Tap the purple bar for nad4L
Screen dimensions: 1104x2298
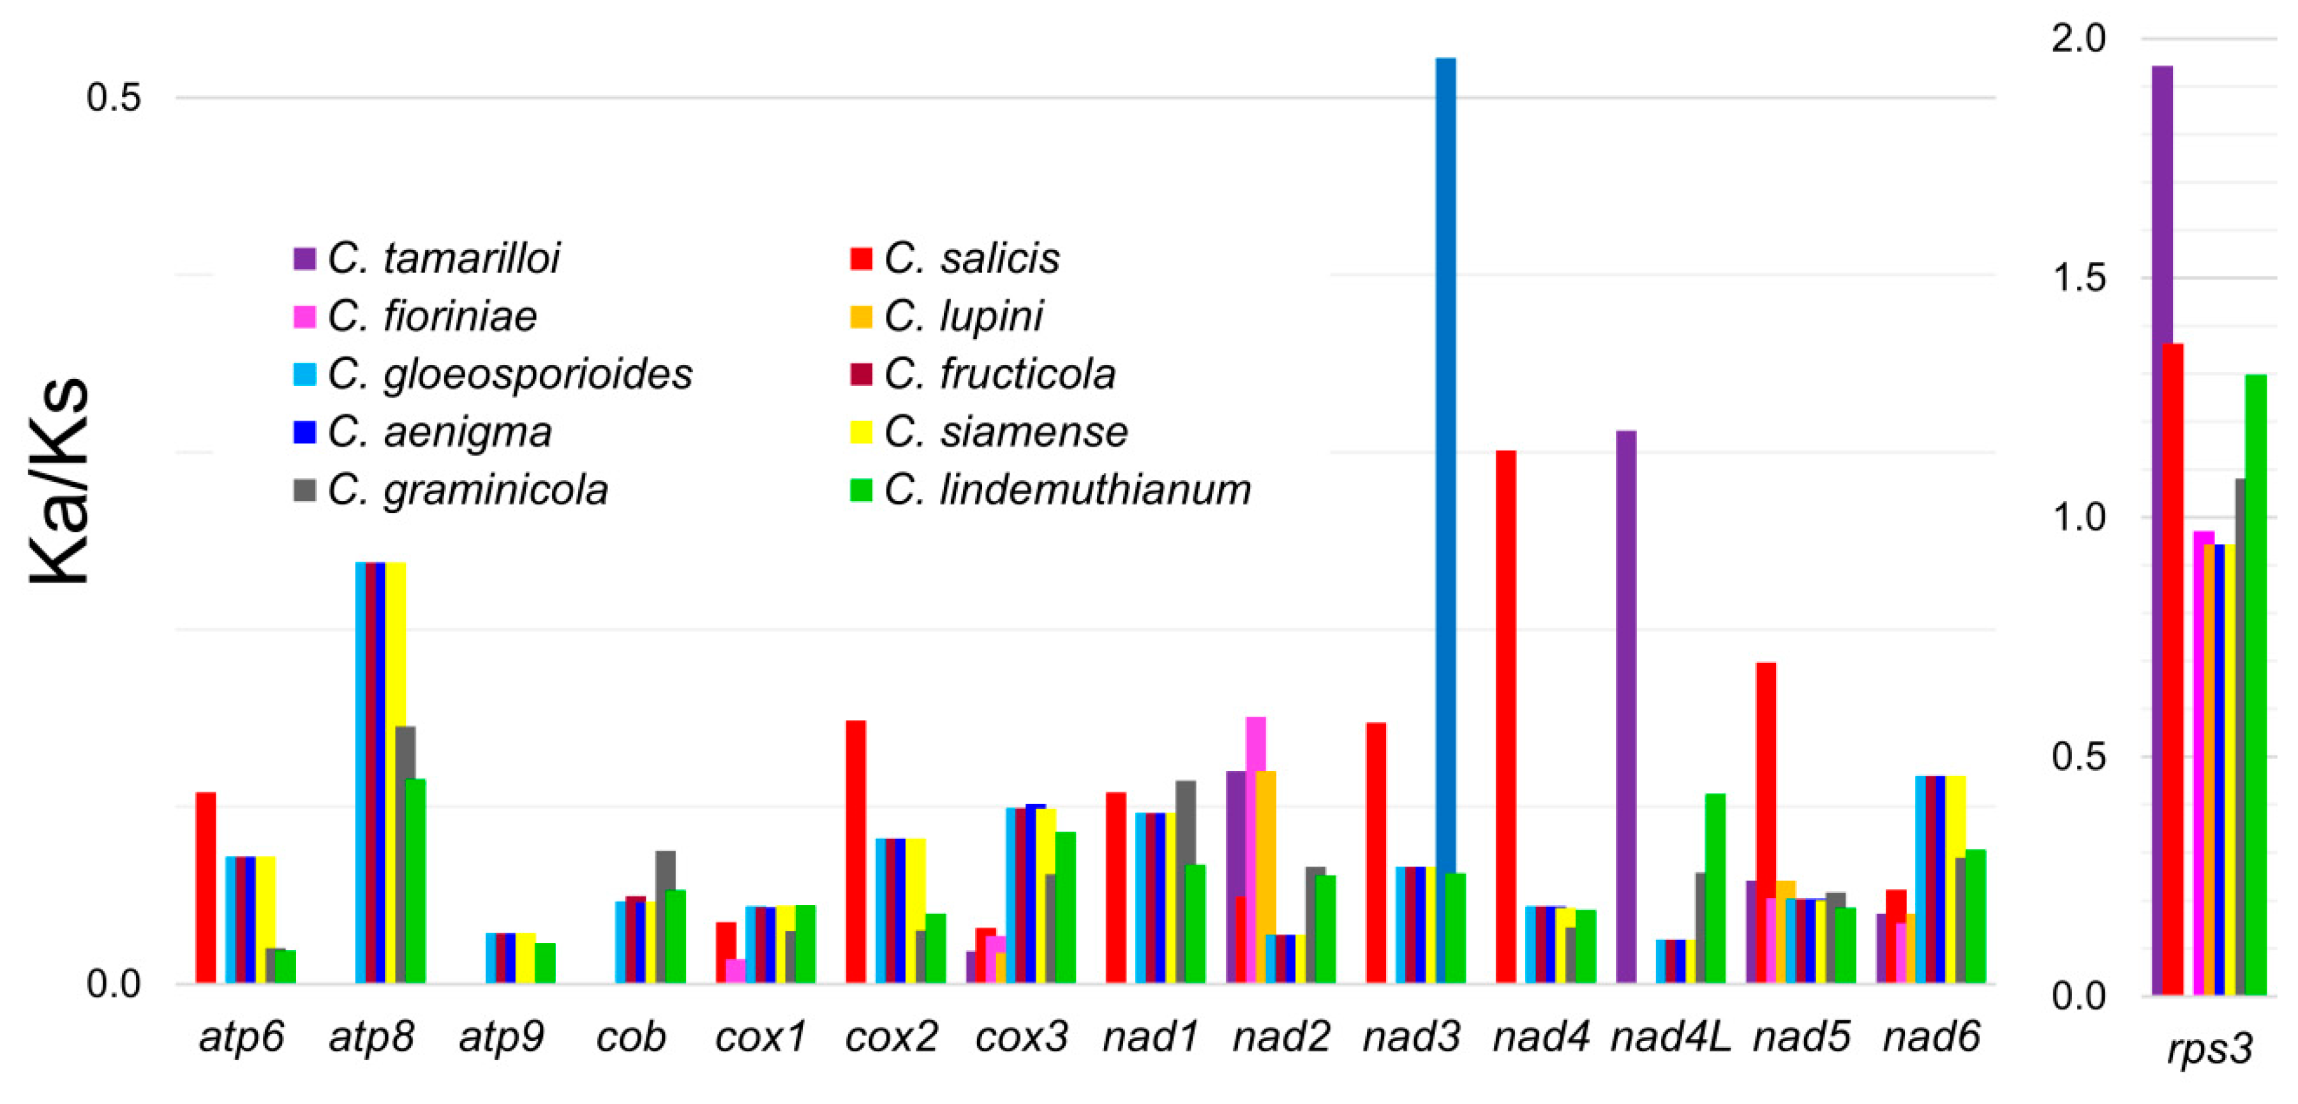(x=1625, y=705)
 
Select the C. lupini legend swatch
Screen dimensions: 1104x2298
(x=861, y=317)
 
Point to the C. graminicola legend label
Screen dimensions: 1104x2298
(x=468, y=489)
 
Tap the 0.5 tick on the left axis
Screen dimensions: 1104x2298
(x=114, y=97)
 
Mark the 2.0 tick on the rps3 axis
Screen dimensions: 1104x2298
(x=2077, y=38)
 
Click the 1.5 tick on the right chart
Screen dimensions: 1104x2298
(x=2077, y=278)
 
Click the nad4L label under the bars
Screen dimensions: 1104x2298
(x=1670, y=1036)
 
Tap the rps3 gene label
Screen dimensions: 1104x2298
(x=2210, y=1048)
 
